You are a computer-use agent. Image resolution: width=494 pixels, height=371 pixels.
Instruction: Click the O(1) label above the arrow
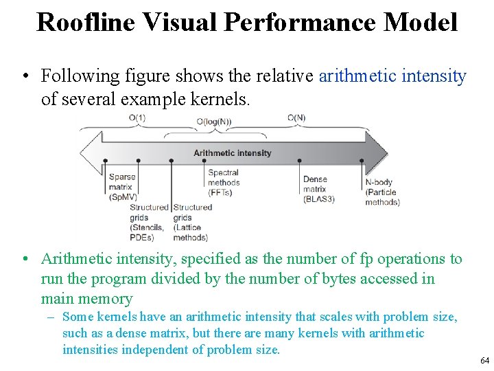137,118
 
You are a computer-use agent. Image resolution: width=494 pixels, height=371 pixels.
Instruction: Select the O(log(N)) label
213,122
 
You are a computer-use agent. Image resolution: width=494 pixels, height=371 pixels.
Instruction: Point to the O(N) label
296,118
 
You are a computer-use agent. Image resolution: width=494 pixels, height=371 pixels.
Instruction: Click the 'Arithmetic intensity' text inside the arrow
232,153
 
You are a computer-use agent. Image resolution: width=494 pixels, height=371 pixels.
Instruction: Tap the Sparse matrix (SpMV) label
122,187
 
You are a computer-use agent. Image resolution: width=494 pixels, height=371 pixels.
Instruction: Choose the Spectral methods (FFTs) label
224,183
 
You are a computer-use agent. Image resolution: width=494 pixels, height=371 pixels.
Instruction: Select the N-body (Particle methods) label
382,192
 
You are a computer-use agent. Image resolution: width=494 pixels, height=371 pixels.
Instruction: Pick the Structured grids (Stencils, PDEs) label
148,222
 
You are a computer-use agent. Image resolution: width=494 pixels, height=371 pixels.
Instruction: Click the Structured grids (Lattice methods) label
191,222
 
